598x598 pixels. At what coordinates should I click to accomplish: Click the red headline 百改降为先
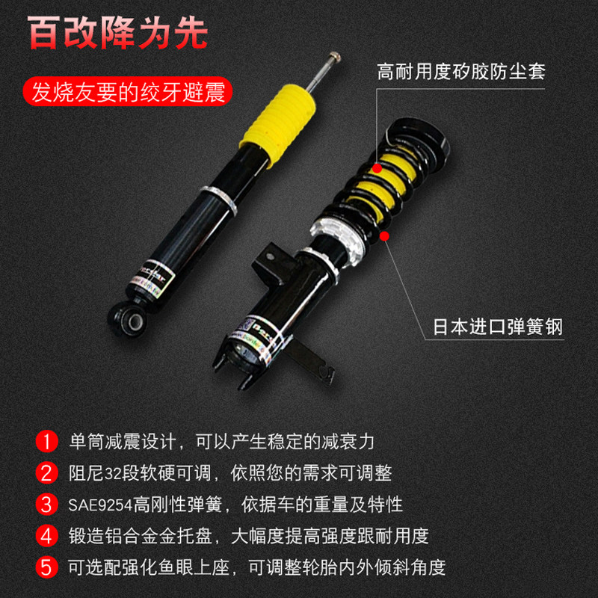(117, 33)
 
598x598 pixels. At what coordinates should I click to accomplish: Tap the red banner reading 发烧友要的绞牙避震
(128, 92)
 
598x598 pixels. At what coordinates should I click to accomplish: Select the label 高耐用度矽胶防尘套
(461, 72)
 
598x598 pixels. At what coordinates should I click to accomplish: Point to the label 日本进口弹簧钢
(498, 327)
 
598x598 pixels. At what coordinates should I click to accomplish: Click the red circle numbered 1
(46, 441)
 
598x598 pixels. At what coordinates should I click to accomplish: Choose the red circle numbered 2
(46, 473)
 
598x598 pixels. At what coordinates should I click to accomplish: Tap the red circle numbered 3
(46, 504)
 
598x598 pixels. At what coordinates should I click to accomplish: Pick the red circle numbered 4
(46, 535)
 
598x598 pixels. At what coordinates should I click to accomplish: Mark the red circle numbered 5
(46, 567)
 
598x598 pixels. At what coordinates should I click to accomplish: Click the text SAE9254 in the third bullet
(100, 505)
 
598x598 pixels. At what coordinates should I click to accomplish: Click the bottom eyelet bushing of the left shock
(128, 320)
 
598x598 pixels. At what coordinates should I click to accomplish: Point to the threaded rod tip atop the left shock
(334, 57)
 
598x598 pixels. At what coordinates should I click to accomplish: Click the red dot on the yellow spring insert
(377, 168)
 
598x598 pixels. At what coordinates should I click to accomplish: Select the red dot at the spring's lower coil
(384, 236)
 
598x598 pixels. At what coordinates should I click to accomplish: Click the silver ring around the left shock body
(219, 200)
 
